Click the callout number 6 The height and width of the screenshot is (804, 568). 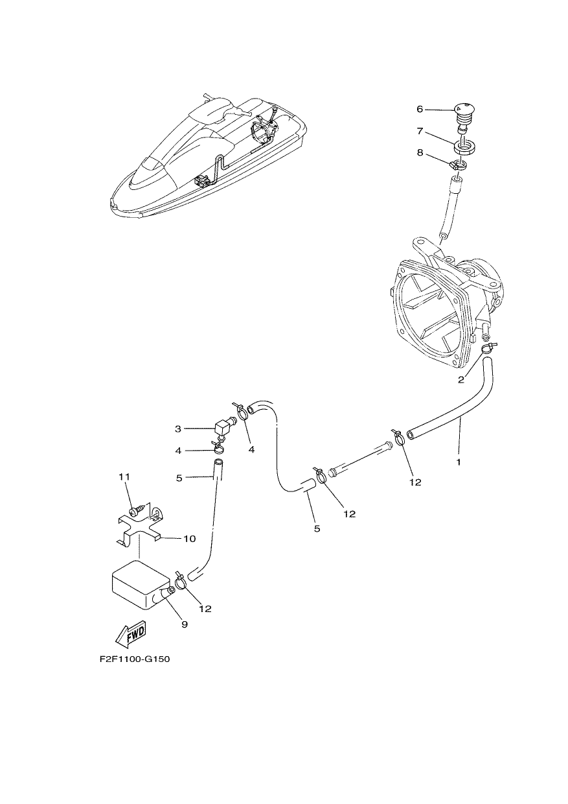[420, 109]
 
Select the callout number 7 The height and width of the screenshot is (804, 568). [420, 132]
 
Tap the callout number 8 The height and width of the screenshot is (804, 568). [420, 153]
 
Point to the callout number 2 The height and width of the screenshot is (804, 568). [461, 380]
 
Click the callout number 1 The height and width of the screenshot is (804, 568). [459, 462]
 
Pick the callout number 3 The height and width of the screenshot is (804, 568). [178, 429]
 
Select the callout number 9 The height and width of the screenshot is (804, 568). [185, 625]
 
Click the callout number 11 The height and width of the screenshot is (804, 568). [124, 477]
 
